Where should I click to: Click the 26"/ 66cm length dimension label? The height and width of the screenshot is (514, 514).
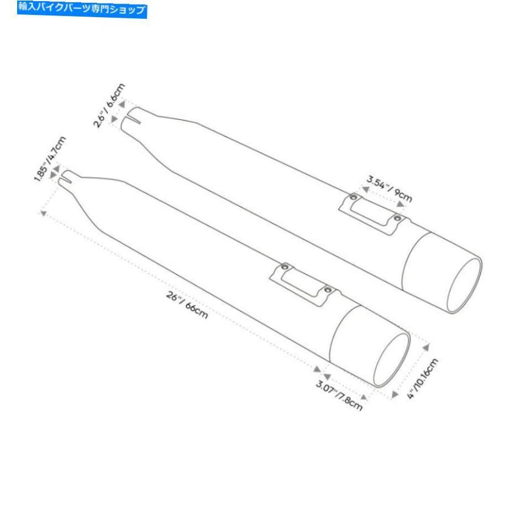[x=187, y=305]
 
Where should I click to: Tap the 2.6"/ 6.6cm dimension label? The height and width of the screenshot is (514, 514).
[x=109, y=105]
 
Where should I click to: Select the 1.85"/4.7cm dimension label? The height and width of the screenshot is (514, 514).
[x=50, y=159]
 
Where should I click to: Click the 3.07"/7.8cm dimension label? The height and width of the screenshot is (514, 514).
[x=339, y=395]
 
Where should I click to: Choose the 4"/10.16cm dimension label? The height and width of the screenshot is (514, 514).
[x=423, y=379]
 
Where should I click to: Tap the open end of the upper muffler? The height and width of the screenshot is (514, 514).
[x=464, y=285]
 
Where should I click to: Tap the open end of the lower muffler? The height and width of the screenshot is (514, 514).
[x=392, y=360]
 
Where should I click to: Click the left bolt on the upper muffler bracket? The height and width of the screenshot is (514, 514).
[x=354, y=198]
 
